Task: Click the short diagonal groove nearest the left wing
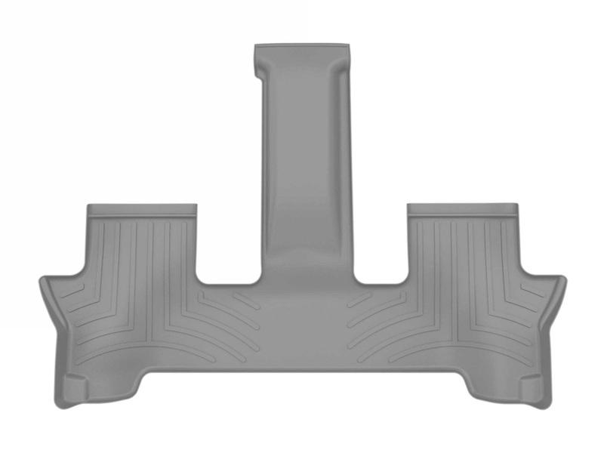(72, 290)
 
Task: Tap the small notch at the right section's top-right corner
(516, 209)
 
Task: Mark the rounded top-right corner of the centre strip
(348, 51)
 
